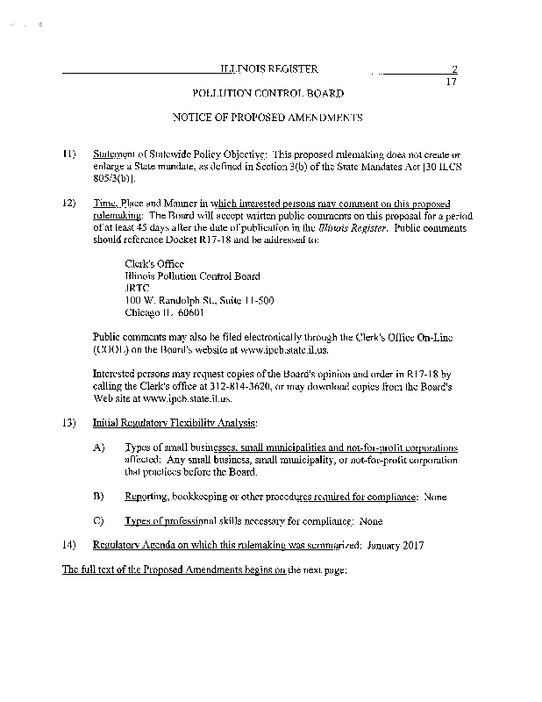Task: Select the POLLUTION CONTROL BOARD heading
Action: click(267, 93)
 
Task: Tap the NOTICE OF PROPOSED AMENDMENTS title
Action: click(267, 117)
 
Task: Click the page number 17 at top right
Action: click(452, 82)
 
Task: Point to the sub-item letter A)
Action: click(99, 447)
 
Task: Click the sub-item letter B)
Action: click(99, 496)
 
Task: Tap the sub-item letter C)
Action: click(99, 520)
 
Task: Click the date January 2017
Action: click(396, 545)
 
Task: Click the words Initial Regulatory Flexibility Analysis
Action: click(175, 422)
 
